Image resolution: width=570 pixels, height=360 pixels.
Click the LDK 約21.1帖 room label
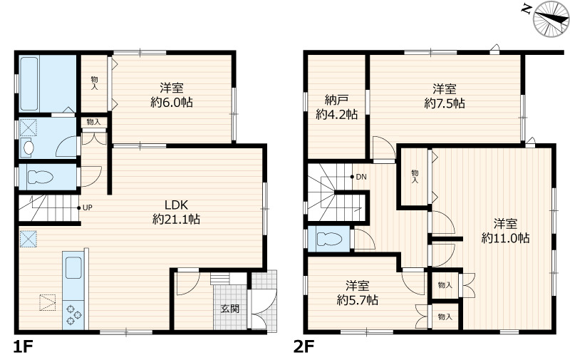176,212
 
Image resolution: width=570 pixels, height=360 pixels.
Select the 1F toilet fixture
40,177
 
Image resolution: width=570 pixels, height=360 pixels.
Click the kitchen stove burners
73,315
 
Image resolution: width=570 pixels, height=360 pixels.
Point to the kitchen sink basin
73,267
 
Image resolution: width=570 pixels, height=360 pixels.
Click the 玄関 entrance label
230,309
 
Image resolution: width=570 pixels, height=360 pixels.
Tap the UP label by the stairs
88,207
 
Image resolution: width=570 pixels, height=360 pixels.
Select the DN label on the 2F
361,177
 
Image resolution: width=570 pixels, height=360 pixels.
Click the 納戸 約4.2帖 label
336,107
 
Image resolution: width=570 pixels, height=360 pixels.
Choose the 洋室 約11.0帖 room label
505,230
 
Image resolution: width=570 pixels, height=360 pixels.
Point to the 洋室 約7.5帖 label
445,96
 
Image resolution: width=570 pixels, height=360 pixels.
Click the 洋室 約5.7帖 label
358,292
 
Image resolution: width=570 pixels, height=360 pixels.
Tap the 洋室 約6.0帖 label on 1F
172,95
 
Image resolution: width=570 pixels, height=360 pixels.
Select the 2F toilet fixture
330,239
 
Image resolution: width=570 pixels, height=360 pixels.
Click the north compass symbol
551,19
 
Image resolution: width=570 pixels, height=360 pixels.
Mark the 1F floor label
23,346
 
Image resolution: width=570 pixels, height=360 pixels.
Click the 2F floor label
304,346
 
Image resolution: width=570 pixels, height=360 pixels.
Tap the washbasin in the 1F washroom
28,148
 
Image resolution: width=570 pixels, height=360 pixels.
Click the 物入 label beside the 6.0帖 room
94,83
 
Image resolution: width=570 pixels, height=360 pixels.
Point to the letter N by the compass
525,9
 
